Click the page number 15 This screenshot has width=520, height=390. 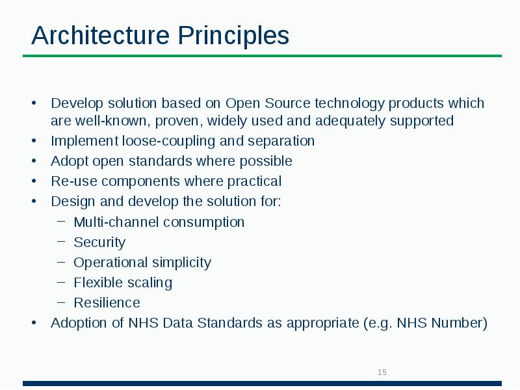pos(382,372)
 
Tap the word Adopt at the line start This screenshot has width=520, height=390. pos(69,161)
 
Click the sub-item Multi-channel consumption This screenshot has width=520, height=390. pos(159,222)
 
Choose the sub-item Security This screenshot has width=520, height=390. pos(99,242)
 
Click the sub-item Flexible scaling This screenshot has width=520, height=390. pos(123,283)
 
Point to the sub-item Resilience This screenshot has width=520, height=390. pos(107,303)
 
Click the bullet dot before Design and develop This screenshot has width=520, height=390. pos(34,201)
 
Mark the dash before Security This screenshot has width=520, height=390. pos(60,242)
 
